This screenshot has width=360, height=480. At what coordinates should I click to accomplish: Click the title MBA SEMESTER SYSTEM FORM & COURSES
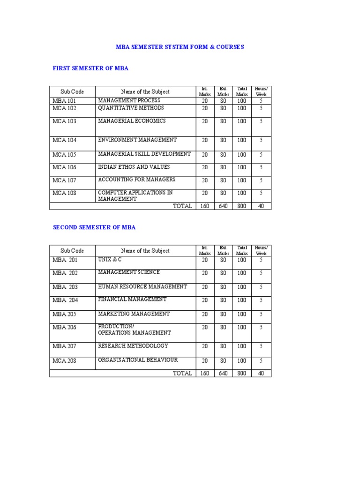[180, 47]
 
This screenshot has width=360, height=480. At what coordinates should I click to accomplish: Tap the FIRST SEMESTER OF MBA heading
[90, 68]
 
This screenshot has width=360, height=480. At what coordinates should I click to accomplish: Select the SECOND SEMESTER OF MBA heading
[94, 227]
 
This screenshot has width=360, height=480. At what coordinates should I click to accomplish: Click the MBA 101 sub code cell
[65, 101]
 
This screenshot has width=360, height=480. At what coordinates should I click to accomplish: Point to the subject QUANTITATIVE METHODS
[131, 108]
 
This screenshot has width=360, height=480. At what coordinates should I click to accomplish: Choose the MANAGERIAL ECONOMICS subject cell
[132, 121]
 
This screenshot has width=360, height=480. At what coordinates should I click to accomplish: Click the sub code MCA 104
[65, 140]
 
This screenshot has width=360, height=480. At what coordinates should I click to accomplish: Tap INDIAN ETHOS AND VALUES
[134, 167]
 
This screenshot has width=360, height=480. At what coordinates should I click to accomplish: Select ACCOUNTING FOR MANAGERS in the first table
[136, 180]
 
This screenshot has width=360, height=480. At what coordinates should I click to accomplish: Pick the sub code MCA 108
[65, 193]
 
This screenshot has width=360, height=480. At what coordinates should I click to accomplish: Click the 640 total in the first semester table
[223, 206]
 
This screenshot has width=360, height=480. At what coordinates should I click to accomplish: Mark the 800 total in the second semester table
[241, 374]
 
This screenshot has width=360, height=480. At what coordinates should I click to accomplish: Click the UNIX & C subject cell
[110, 259]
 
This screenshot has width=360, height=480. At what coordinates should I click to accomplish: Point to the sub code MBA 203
[65, 287]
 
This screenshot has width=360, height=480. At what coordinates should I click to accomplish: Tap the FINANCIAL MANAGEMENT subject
[132, 299]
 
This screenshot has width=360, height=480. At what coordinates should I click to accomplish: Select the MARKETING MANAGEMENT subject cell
[134, 314]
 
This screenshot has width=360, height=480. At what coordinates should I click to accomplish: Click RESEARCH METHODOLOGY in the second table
[133, 346]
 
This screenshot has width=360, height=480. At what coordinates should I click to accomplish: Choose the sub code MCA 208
[65, 361]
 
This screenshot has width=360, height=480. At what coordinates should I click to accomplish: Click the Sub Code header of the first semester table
[72, 92]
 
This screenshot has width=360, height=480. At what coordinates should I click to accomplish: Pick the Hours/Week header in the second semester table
[261, 250]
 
